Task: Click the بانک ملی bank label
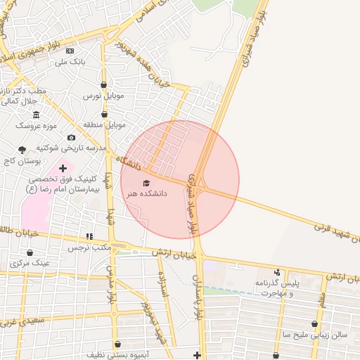70,62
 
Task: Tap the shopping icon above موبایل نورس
104,84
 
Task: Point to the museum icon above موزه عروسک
36,115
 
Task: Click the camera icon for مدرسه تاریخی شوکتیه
71,138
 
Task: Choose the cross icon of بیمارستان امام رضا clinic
63,168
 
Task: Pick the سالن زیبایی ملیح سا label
314,335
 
